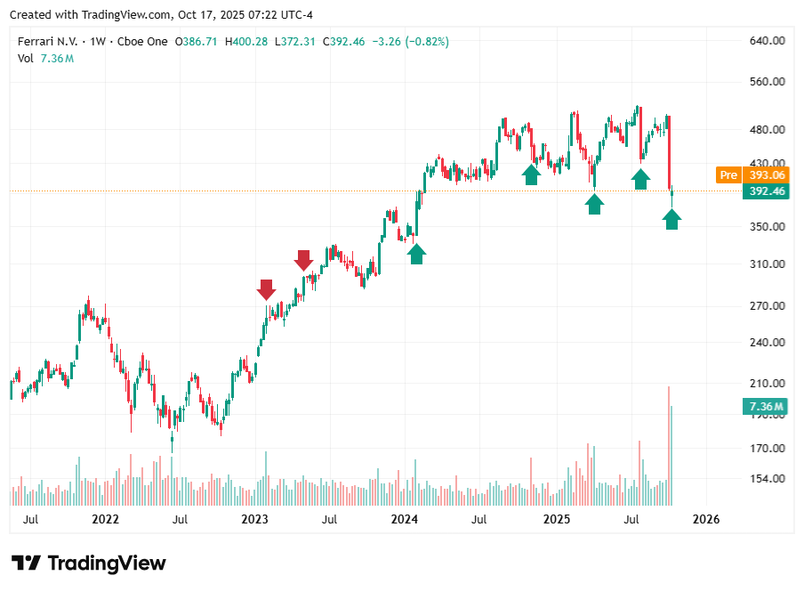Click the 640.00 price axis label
pyautogui.click(x=766, y=41)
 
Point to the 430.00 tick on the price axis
pyautogui.click(x=766, y=164)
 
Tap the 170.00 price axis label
pyautogui.click(x=766, y=449)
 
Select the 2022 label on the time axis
pyautogui.click(x=105, y=519)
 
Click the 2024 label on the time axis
pyautogui.click(x=405, y=519)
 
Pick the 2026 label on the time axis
pyautogui.click(x=705, y=519)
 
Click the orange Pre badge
pyautogui.click(x=728, y=175)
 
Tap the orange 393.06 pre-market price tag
pyautogui.click(x=766, y=175)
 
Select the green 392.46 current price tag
pyautogui.click(x=766, y=191)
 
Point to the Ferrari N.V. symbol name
pyautogui.click(x=48, y=42)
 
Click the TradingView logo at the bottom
pyautogui.click(x=89, y=563)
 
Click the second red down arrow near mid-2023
pyautogui.click(x=303, y=261)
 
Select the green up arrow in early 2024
pyautogui.click(x=416, y=254)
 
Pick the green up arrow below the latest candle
pyautogui.click(x=671, y=218)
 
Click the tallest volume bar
pyautogui.click(x=668, y=445)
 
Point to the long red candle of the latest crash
pyautogui.click(x=668, y=151)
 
